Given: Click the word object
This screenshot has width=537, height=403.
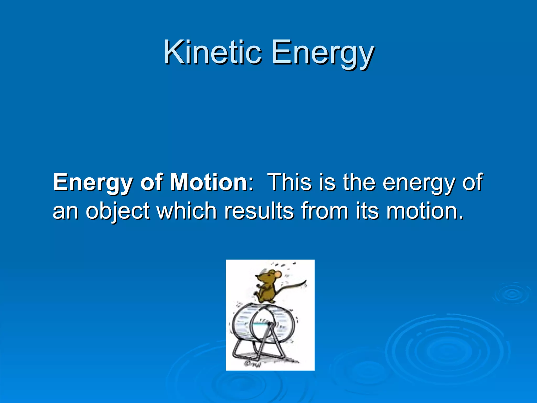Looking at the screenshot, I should point(117,211).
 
